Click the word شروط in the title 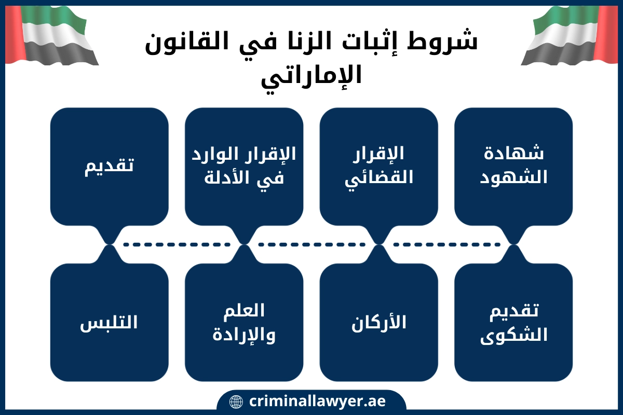[442, 41]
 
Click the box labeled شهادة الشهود [513, 167]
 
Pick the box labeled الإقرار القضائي [379, 167]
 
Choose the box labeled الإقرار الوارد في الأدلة [244, 167]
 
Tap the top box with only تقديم [110, 167]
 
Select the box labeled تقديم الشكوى [513, 323]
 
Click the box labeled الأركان [379, 323]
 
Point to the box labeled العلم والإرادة [244, 323]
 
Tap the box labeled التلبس [110, 323]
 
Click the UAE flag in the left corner [52, 36]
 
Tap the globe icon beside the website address [236, 402]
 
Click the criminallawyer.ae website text [317, 402]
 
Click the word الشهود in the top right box [513, 177]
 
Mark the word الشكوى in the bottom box [513, 336]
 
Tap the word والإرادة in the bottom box [244, 335]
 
